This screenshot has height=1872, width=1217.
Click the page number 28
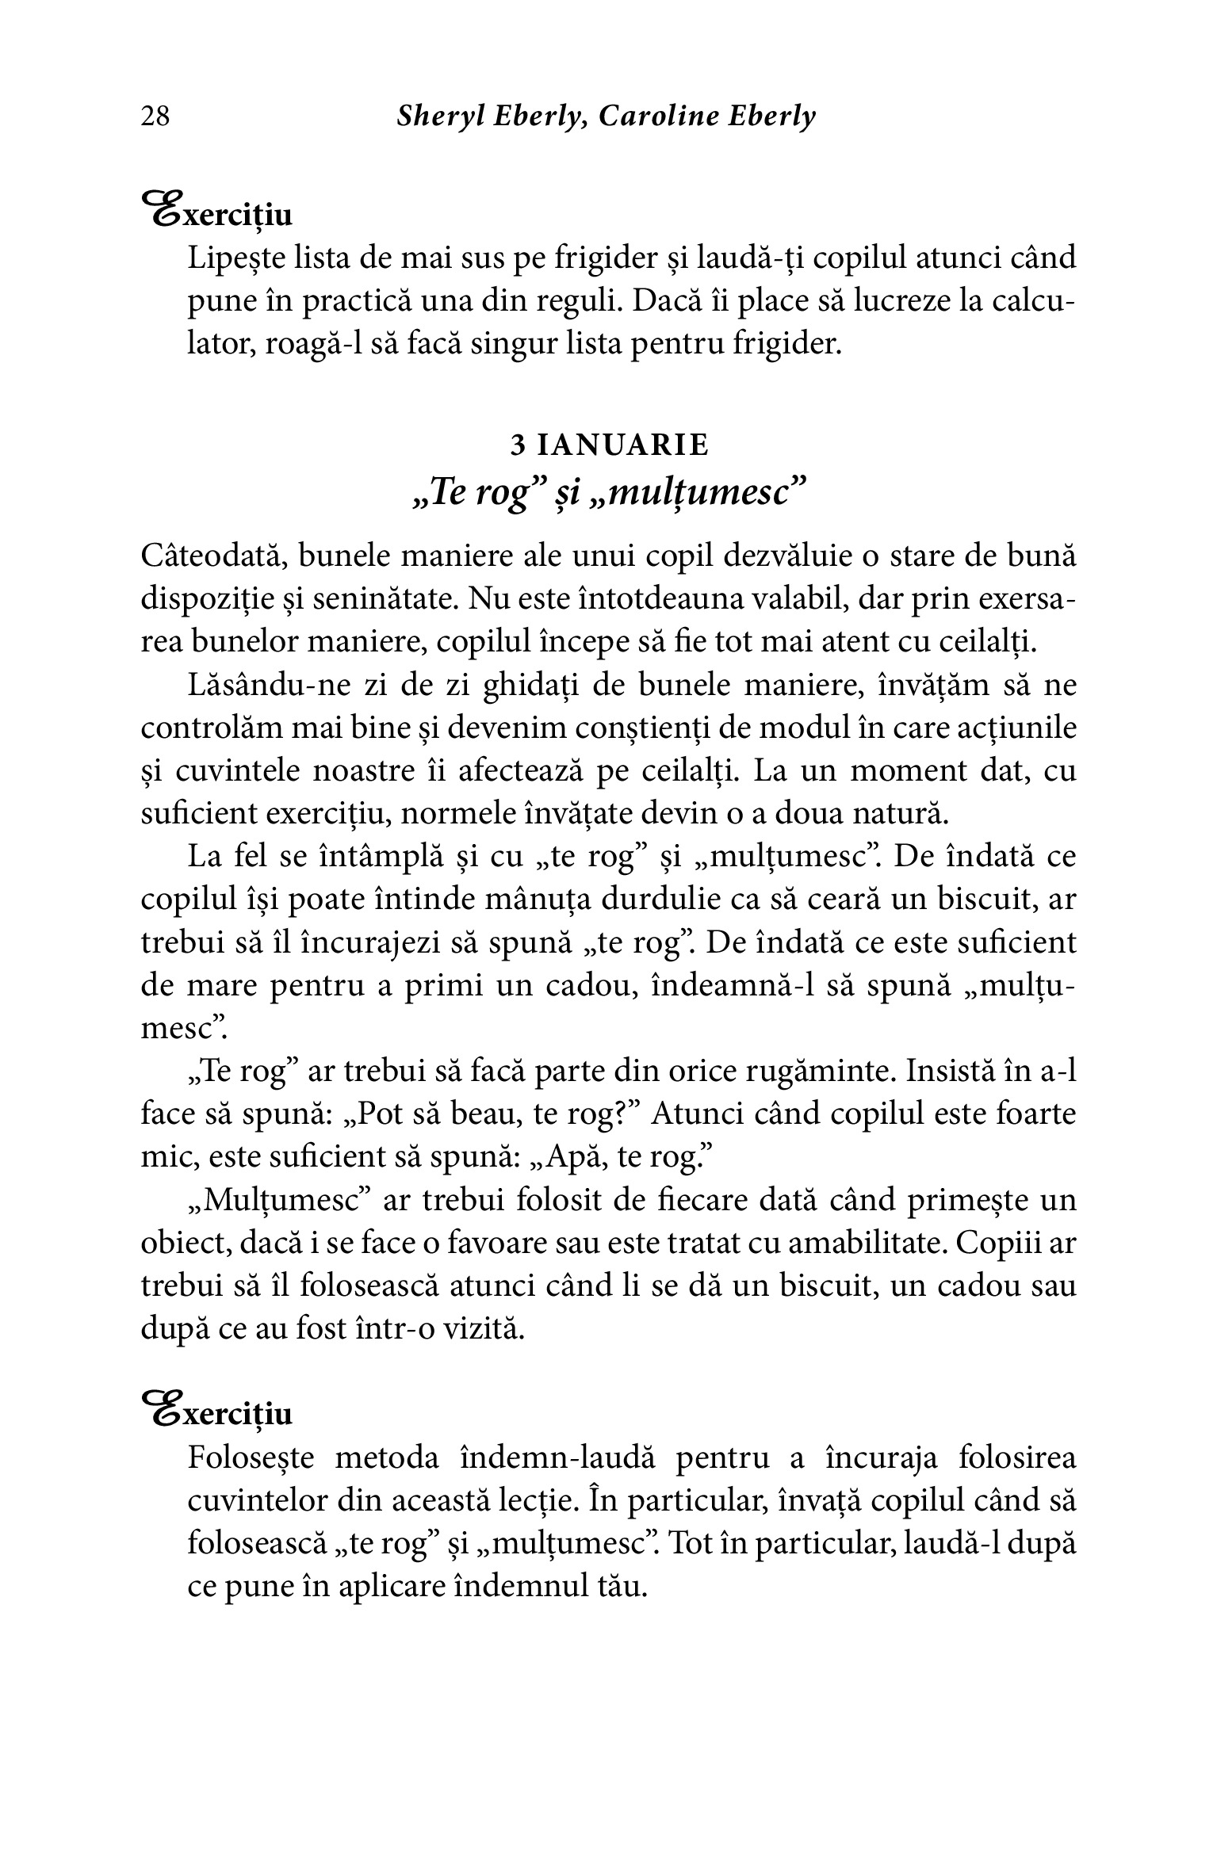coord(155,117)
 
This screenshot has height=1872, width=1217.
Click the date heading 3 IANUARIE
coord(609,446)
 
